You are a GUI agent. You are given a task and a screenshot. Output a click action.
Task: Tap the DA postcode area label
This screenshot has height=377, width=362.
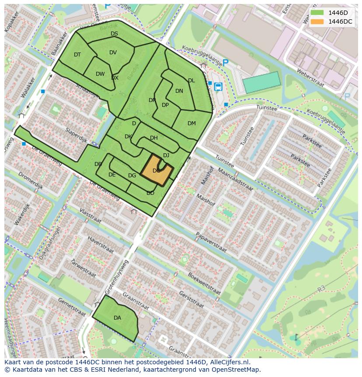[117, 318]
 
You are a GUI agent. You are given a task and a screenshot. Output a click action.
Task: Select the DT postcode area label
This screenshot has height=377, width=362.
[77, 55]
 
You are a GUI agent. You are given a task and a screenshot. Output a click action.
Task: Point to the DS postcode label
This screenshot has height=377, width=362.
[114, 34]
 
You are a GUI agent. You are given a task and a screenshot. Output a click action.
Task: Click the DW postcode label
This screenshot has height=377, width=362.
[100, 74]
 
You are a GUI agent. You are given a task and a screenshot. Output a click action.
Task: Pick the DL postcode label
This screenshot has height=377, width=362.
[191, 81]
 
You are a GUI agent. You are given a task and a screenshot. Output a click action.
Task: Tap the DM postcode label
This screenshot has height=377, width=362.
[191, 123]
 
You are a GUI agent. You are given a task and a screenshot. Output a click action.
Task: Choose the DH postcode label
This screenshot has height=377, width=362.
[154, 138]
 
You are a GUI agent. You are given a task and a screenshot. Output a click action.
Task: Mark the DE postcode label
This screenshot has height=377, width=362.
[112, 175]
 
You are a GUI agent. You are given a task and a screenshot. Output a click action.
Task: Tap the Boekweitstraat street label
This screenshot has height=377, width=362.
[203, 283]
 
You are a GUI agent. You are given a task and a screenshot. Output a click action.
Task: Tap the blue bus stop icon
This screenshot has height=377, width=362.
[218, 86]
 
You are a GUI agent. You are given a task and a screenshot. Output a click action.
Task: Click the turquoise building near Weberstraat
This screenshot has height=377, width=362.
[261, 82]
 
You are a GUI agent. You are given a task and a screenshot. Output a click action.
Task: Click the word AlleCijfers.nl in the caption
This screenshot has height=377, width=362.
[229, 362]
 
